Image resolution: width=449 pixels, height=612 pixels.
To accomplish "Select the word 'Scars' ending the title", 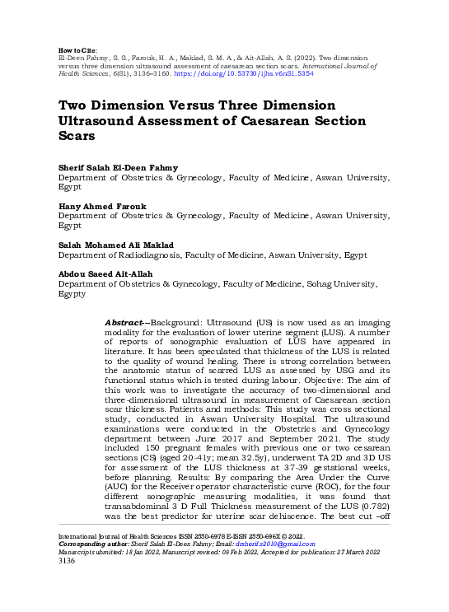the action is point(77,137).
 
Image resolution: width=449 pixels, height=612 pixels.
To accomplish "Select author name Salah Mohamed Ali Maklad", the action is point(116,245).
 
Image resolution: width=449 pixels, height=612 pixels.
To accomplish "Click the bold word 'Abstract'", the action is point(126,322).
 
